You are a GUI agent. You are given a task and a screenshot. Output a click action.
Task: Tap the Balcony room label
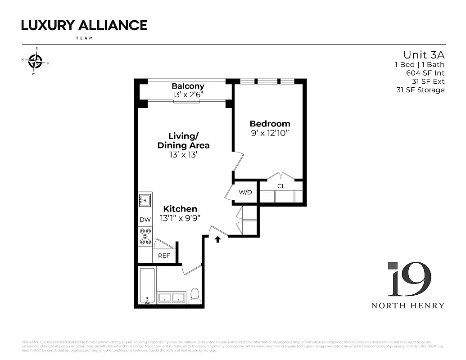tap(188, 86)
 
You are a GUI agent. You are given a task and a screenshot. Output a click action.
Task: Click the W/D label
tap(245, 192)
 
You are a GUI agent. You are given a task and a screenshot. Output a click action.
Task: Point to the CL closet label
tap(281, 186)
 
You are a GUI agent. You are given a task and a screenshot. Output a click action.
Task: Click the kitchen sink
tap(145, 200)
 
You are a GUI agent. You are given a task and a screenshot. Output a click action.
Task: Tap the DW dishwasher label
tap(145, 220)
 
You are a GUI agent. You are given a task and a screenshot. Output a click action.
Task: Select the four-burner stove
tap(145, 237)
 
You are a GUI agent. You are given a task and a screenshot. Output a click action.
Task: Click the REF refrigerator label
tap(164, 256)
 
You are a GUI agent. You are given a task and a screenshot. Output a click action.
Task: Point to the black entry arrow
tap(217, 239)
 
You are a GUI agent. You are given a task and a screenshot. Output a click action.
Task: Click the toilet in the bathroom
tap(195, 296)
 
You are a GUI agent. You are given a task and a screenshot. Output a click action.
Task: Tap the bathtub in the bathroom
tap(147, 286)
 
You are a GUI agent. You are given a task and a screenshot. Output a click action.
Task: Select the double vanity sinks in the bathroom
tap(172, 297)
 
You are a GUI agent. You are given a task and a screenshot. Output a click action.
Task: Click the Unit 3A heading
tap(424, 55)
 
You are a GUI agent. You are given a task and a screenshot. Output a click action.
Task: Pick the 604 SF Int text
tap(425, 73)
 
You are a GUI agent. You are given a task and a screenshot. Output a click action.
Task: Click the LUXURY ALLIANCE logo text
tap(84, 26)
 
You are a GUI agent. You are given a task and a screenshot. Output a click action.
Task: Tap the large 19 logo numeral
tap(409, 280)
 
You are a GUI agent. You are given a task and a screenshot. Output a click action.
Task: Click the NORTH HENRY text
tap(407, 306)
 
